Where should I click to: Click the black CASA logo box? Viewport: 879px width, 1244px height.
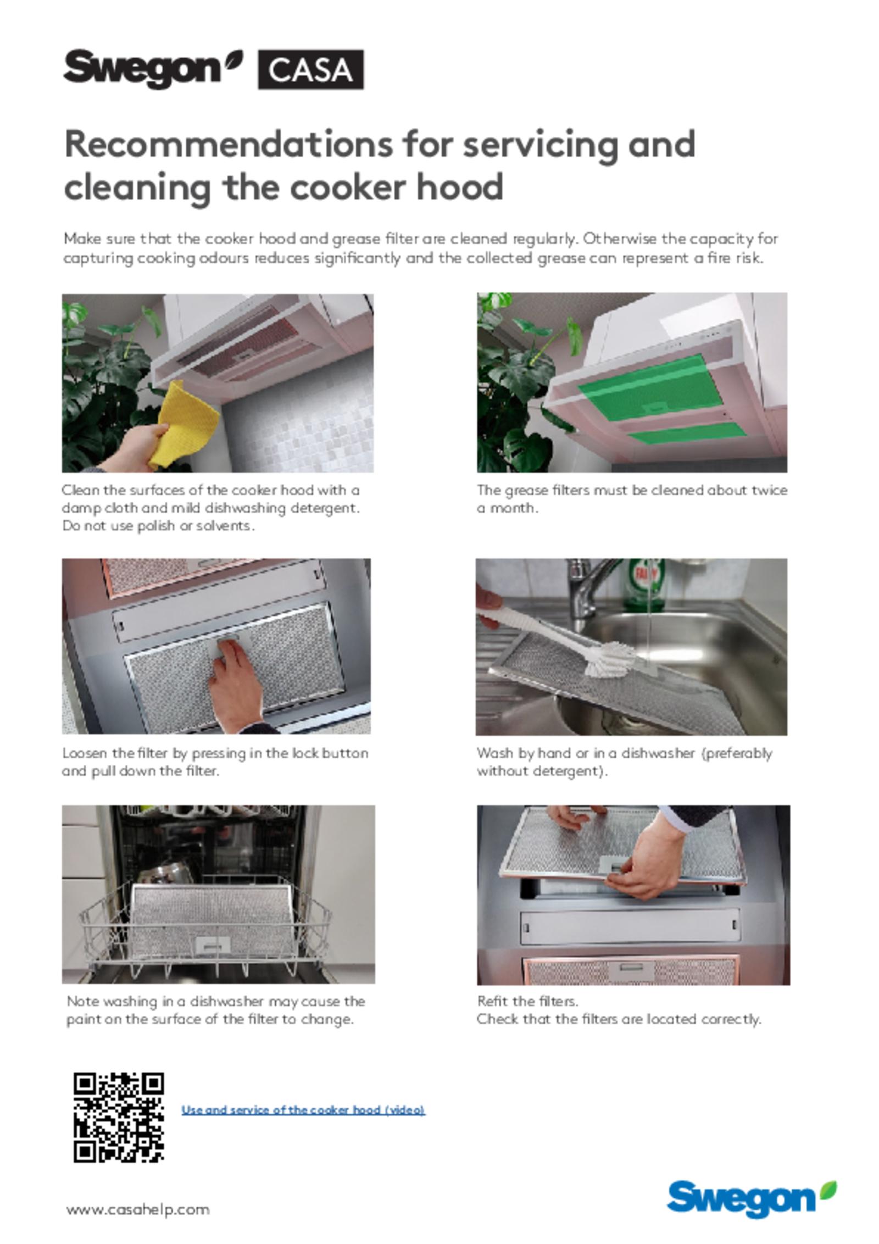pyautogui.click(x=310, y=69)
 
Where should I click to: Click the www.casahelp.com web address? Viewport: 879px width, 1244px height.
pyautogui.click(x=138, y=1209)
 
